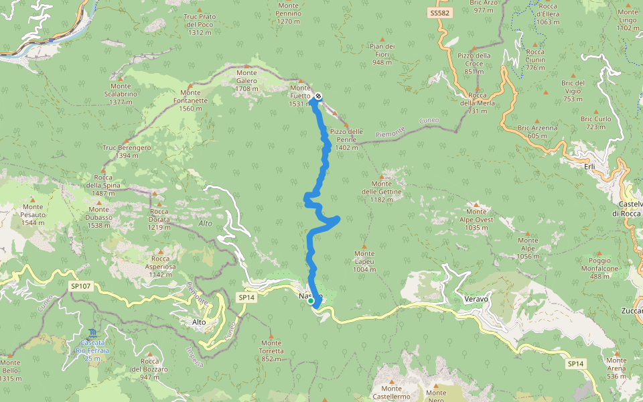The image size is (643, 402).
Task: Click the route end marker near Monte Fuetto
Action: pyautogui.click(x=318, y=96)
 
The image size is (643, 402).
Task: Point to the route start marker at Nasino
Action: pyautogui.click(x=311, y=301)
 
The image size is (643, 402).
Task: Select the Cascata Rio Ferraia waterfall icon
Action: pyautogui.click(x=91, y=332)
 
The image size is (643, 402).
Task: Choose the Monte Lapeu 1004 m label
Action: pyautogui.click(x=365, y=261)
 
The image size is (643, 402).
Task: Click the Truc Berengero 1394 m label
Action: pyautogui.click(x=127, y=151)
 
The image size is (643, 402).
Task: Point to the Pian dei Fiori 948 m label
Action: pyautogui.click(x=382, y=54)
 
